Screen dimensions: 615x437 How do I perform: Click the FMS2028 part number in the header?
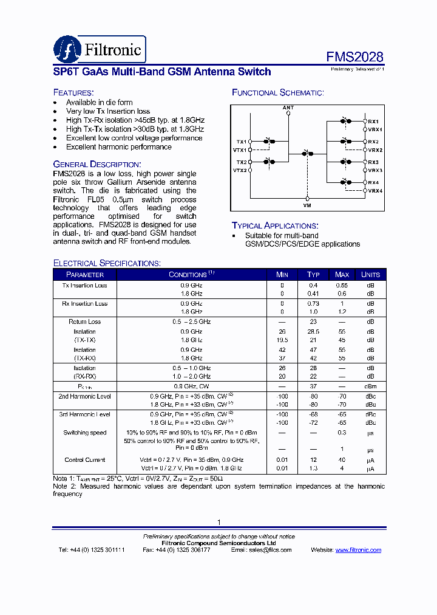coord(355,57)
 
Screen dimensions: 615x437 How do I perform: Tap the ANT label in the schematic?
coord(288,108)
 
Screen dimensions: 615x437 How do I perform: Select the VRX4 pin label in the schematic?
coord(375,191)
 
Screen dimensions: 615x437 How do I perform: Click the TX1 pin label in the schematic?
coord(242,142)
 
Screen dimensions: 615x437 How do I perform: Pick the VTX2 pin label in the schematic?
coord(240,171)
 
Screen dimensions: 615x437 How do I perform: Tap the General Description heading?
coord(97,164)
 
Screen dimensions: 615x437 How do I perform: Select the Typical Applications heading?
coord(274,225)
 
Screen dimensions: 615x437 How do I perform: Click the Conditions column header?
coord(191,275)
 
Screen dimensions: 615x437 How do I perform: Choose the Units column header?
coord(370,275)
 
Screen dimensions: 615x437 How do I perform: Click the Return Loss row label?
coord(85,321)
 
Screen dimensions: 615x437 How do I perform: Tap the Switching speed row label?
coord(85,433)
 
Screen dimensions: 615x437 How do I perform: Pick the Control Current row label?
coord(85,460)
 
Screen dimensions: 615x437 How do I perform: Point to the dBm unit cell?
coord(370,387)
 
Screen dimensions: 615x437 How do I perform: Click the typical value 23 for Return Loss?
coord(313,321)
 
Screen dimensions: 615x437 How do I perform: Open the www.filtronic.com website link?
coord(358,550)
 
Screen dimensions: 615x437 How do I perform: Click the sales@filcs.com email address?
coord(269,550)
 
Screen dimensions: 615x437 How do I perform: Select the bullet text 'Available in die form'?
coord(100,103)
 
